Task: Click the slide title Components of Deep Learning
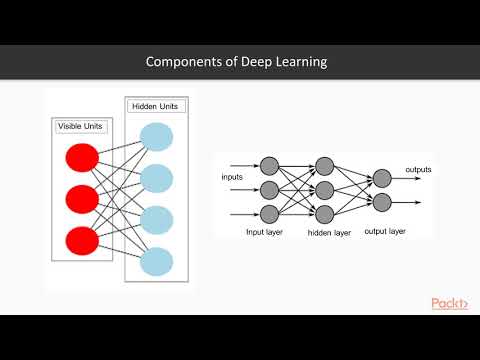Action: pyautogui.click(x=236, y=62)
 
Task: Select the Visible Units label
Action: pyautogui.click(x=82, y=127)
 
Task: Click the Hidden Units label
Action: pyautogui.click(x=155, y=106)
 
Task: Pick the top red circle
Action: pyautogui.click(x=81, y=158)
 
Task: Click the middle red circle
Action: pyautogui.click(x=81, y=199)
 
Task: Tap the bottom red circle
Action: pyautogui.click(x=81, y=241)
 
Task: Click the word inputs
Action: pyautogui.click(x=233, y=178)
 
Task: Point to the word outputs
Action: pyautogui.click(x=418, y=170)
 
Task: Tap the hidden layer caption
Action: pyautogui.click(x=329, y=232)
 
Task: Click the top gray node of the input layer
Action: pyautogui.click(x=268, y=165)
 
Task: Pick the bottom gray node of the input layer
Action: pyautogui.click(x=268, y=212)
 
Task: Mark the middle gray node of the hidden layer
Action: pyautogui.click(x=324, y=189)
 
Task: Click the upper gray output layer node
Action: pyautogui.click(x=381, y=179)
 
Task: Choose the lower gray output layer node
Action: pyautogui.click(x=381, y=203)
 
